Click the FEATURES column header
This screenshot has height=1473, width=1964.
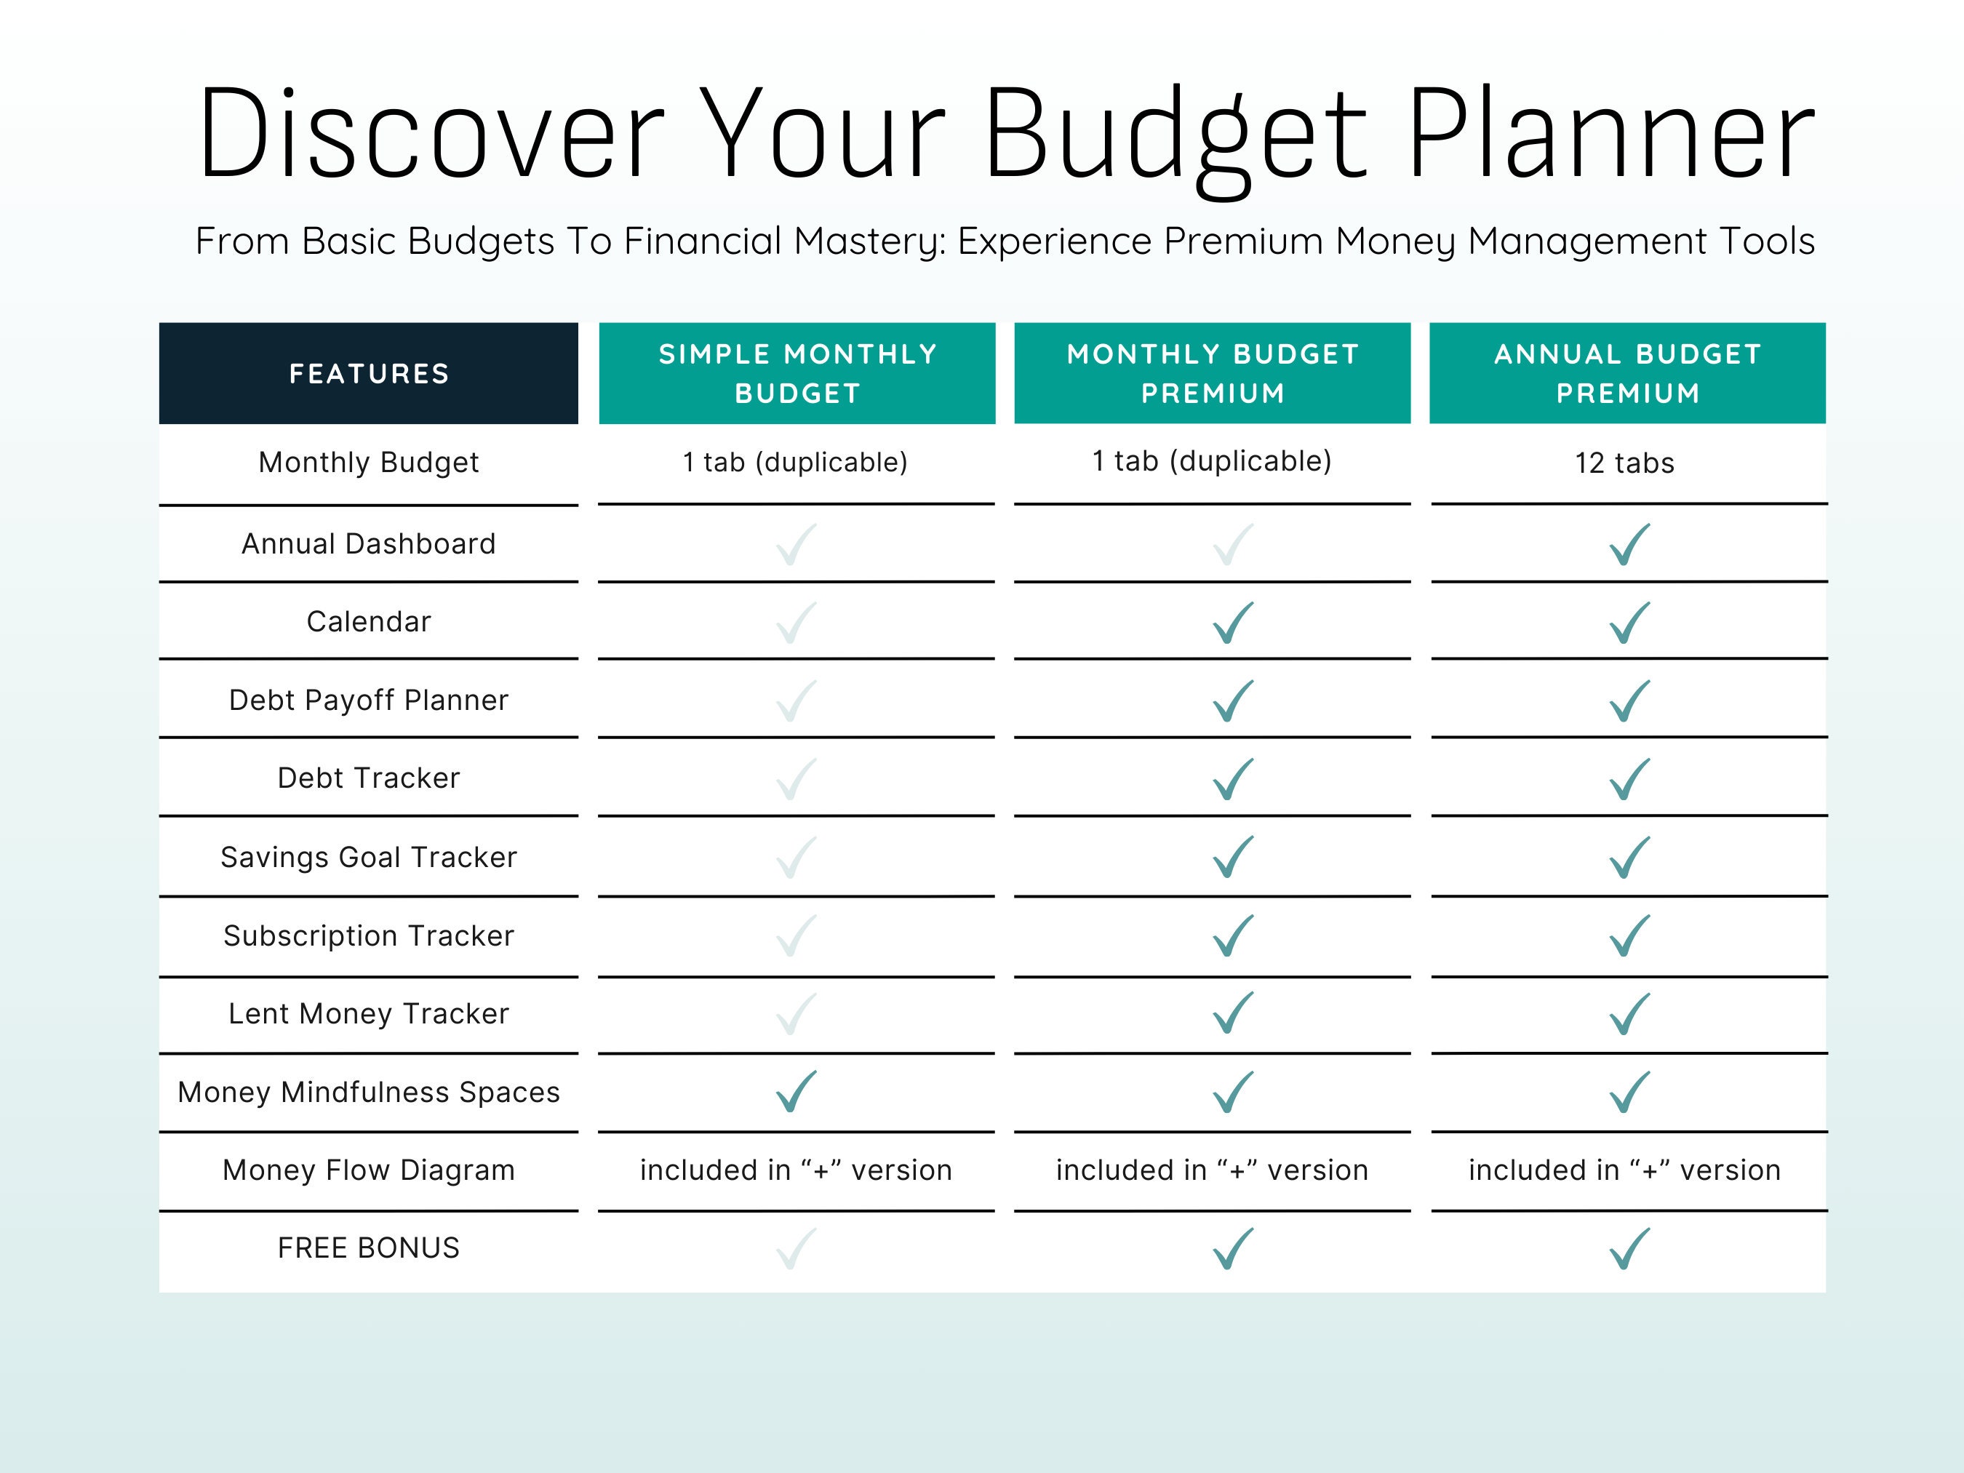369,374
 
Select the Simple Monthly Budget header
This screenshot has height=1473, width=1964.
797,374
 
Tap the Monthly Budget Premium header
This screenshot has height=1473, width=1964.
1212,374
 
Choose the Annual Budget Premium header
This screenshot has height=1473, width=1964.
1626,374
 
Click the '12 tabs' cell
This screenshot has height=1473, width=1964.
1624,463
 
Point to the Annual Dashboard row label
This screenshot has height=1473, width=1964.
369,543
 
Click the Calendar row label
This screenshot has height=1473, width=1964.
369,621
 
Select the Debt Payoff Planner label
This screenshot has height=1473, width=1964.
369,700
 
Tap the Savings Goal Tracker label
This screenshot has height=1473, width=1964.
369,857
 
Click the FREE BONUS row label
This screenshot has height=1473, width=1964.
369,1248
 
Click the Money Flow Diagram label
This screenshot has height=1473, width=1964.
369,1170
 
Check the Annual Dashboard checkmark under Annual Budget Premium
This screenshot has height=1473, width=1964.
1629,544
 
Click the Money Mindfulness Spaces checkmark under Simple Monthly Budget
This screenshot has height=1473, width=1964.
796,1092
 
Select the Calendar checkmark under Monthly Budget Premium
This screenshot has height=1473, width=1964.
1233,623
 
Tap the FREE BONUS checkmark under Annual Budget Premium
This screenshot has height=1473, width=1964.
1629,1249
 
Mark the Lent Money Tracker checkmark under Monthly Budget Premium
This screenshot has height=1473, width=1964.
1233,1014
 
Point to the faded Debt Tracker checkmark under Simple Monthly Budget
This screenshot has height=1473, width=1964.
796,778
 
